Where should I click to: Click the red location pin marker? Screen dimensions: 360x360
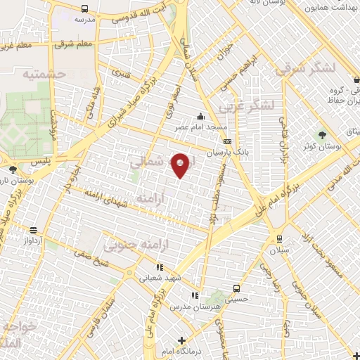tap(181, 165)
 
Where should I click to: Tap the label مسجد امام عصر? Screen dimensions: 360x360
tap(201, 127)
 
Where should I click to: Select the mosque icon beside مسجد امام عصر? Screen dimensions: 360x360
tap(201, 117)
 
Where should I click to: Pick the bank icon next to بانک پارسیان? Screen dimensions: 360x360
tap(227, 141)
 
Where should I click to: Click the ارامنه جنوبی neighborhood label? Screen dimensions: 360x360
tap(129, 245)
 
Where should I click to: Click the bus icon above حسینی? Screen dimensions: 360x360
tap(237, 288)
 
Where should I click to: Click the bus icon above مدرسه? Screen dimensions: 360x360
tap(85, 9)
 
